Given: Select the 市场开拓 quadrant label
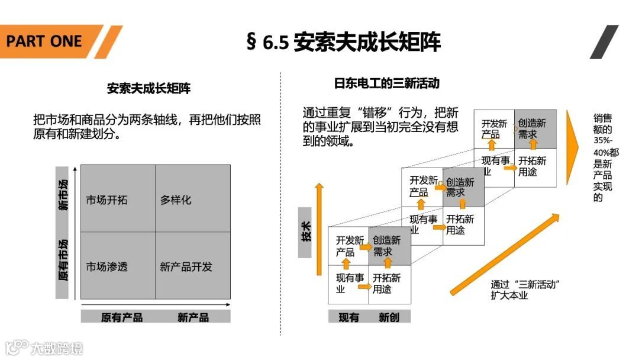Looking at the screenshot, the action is coord(106,200).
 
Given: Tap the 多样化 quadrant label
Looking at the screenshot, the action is coord(176,200).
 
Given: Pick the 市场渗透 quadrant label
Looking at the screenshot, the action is coord(106,267).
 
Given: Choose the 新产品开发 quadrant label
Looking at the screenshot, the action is coord(186,267).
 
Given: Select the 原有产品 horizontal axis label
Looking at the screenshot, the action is coord(121,317).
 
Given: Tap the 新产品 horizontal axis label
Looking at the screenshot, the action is coord(193,317).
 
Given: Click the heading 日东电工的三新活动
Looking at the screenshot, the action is coord(387,83).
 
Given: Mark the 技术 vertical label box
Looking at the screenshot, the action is coord(305,232).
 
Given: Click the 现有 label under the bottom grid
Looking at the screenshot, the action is coord(348,317).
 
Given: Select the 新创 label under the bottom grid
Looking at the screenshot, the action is coord(389,317).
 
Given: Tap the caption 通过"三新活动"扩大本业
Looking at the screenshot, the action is coord(525,290).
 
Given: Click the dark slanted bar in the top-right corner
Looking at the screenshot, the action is coord(603,41).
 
